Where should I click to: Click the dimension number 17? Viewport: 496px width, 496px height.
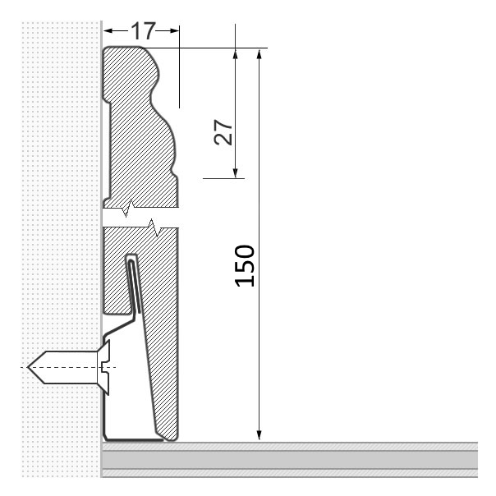[x=143, y=31]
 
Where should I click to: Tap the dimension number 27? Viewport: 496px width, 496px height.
[x=223, y=132]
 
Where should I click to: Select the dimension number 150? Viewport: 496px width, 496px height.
[x=245, y=266]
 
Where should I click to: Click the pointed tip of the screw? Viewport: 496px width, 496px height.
[x=28, y=367]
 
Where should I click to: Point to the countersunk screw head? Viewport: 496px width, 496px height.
[x=104, y=368]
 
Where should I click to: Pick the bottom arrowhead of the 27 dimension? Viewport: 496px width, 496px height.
[x=235, y=172]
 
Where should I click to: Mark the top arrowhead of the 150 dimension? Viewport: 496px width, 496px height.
[x=259, y=55]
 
